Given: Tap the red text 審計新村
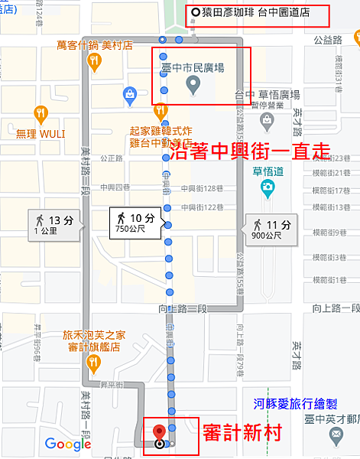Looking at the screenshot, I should [x=242, y=434].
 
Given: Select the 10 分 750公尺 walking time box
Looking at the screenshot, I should [x=136, y=223].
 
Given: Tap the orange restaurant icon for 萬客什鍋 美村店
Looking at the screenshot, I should [x=95, y=63].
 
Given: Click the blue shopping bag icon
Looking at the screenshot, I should [x=130, y=93].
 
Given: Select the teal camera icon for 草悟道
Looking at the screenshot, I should [x=268, y=186].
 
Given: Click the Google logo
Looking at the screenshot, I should [x=67, y=443].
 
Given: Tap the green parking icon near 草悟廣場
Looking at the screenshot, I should [x=266, y=121].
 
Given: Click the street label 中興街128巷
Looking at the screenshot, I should [x=200, y=188].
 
